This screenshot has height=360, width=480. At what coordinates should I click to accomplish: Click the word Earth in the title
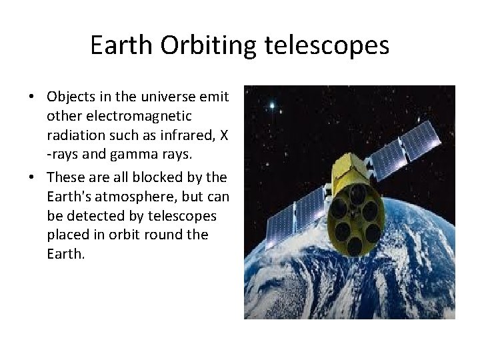click(x=121, y=45)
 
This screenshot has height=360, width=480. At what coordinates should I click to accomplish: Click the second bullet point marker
click(x=32, y=177)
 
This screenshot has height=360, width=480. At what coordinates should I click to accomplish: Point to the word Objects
click(x=71, y=97)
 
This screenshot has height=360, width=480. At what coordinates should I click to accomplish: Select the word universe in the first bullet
click(x=173, y=97)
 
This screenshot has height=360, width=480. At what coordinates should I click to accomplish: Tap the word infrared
click(x=191, y=136)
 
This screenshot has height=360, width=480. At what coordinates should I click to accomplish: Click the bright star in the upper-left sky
click(x=271, y=105)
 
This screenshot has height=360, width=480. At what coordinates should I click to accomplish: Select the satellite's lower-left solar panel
click(x=294, y=214)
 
